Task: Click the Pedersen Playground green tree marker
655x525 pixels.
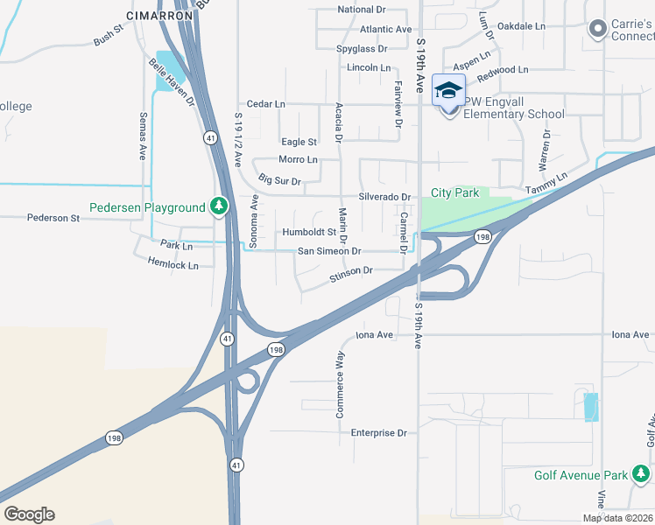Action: [x=219, y=207]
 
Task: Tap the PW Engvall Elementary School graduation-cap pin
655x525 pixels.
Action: [x=449, y=93]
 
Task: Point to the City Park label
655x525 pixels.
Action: [x=454, y=192]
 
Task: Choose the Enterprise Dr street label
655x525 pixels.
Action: [x=378, y=433]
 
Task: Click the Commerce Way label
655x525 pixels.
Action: [x=340, y=384]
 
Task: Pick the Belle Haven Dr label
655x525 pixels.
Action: [x=172, y=82]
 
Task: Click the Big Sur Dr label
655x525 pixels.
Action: [x=280, y=181]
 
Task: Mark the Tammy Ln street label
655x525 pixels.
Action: [x=546, y=183]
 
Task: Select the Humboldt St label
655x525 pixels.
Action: [x=308, y=233]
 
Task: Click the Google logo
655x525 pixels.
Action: [x=29, y=514]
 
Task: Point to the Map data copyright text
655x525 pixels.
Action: [x=618, y=518]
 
